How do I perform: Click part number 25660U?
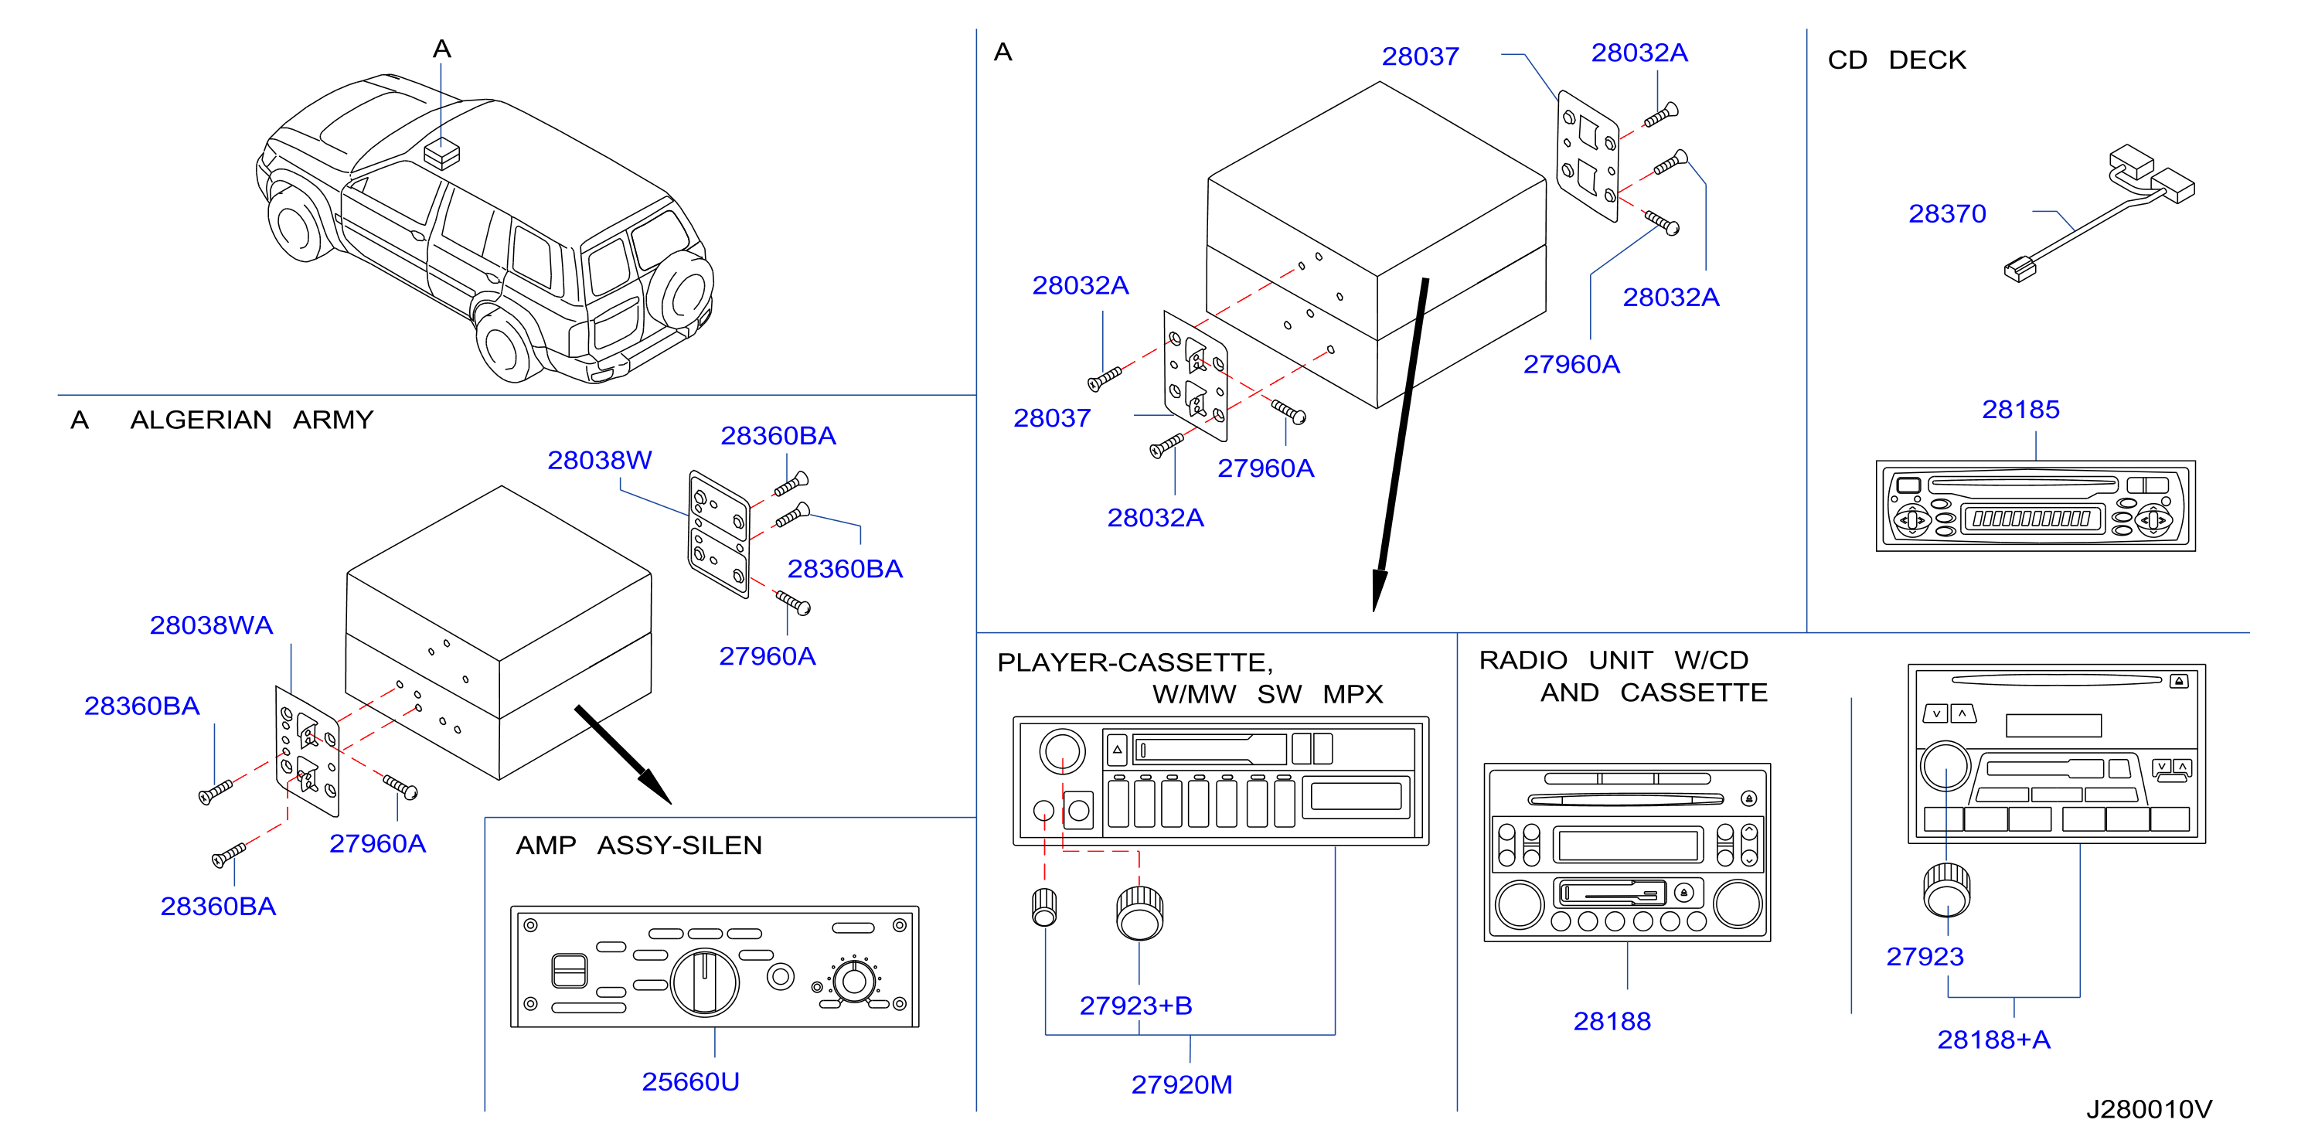690,1081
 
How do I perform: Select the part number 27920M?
1181,1084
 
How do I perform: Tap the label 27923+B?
1135,1006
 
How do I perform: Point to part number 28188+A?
1993,1040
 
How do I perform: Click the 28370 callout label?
1947,213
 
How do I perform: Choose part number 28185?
2020,410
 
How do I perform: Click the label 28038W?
599,460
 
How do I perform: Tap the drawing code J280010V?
2149,1109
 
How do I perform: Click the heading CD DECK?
1897,60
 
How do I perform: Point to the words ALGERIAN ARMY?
252,420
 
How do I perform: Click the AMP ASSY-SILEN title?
638,845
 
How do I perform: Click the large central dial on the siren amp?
705,982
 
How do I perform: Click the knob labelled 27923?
1946,890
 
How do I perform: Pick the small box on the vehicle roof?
441,153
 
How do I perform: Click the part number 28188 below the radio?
1612,1021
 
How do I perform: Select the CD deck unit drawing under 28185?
2036,506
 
